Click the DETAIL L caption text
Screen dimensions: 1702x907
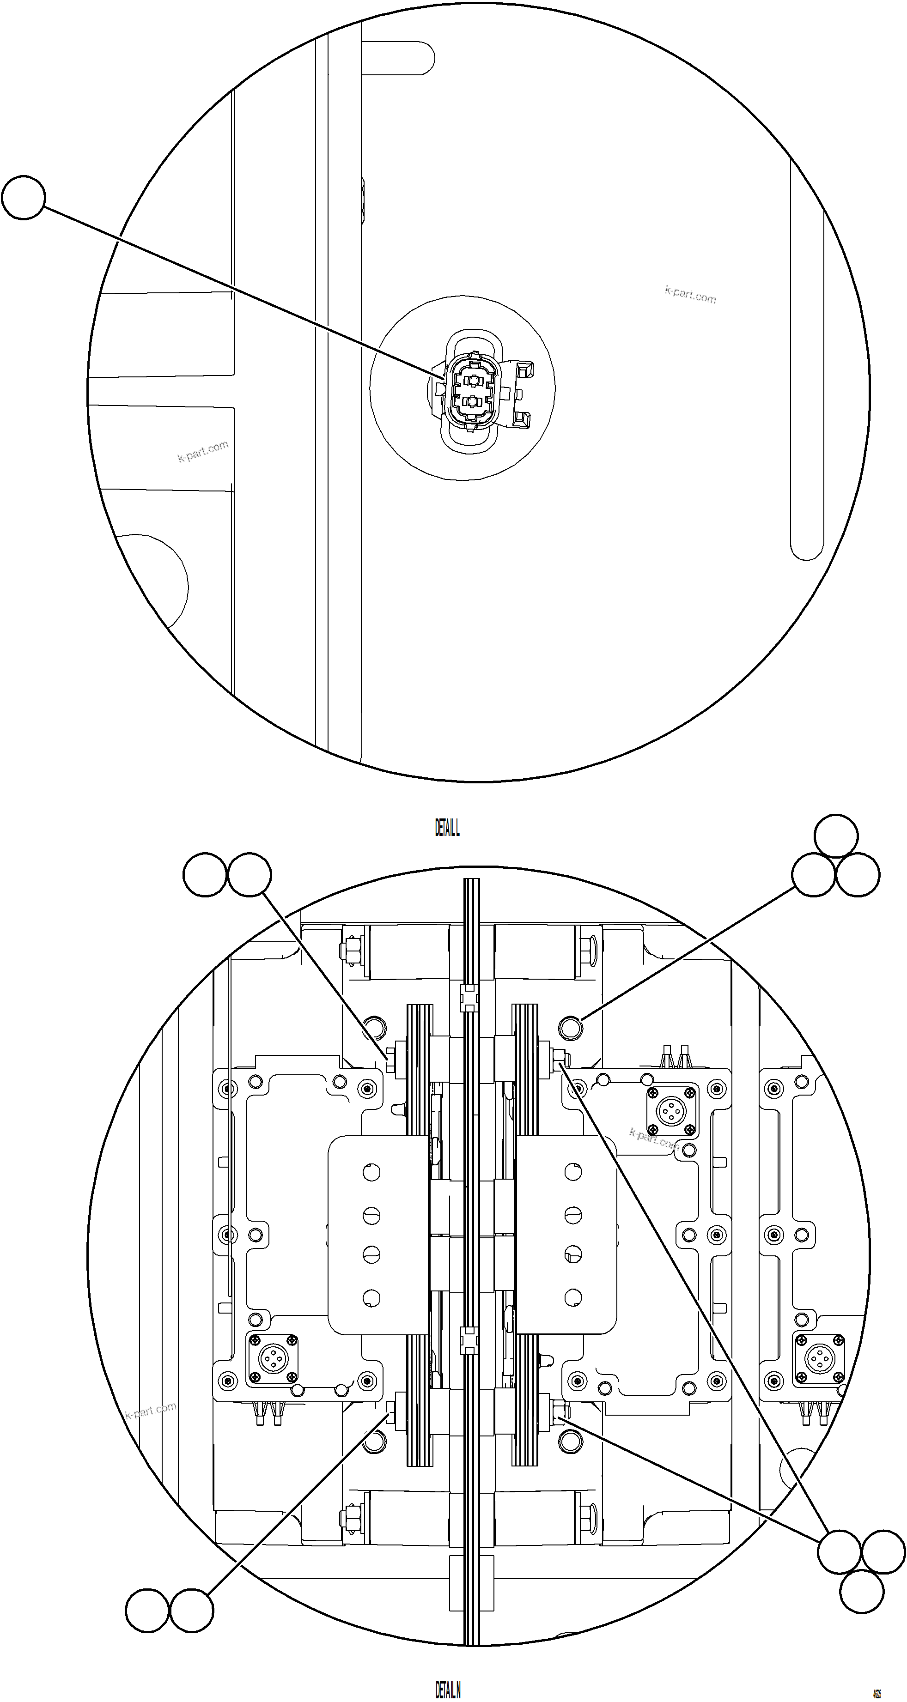coord(447,828)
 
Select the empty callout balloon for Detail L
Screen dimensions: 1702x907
coord(23,197)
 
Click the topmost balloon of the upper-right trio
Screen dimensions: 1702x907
coord(836,836)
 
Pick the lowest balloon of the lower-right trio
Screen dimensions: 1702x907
coord(862,1592)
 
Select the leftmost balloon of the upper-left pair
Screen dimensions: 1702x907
coord(205,875)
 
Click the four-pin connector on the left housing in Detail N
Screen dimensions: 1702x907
coord(272,1359)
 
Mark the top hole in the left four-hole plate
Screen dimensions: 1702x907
coord(371,1173)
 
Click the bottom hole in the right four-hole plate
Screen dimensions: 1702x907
coord(572,1298)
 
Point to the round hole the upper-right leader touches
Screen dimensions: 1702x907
coord(571,1027)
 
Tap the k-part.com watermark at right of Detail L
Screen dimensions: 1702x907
coord(690,295)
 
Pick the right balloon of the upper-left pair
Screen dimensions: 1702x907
coord(249,875)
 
